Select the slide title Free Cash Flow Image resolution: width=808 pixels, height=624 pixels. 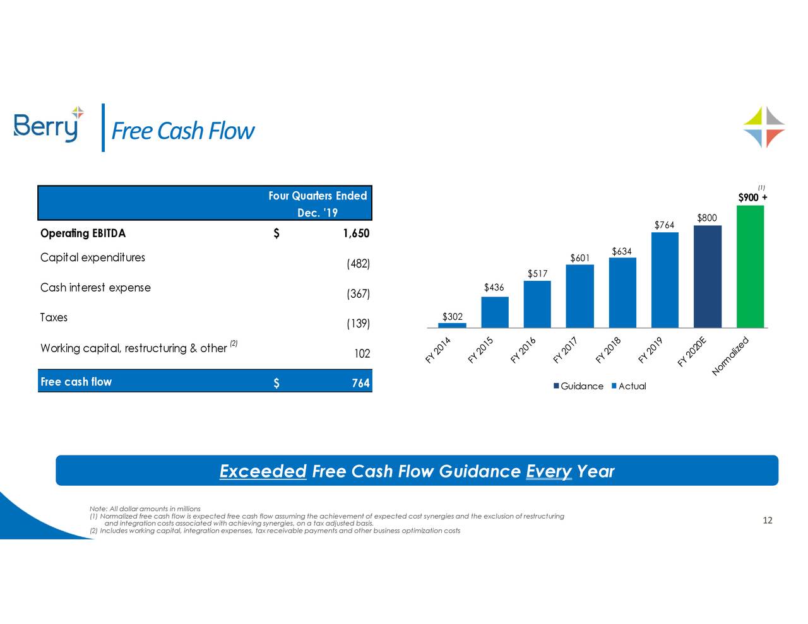[182, 131]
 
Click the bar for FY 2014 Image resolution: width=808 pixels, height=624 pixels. [452, 325]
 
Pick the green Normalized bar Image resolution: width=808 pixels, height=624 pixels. [750, 267]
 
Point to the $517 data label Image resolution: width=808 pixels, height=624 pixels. [537, 273]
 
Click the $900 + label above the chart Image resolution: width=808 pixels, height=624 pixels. [752, 197]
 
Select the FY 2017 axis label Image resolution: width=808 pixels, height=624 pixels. [566, 351]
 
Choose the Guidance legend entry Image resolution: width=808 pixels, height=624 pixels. [578, 386]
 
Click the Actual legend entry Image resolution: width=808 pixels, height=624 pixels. [629, 386]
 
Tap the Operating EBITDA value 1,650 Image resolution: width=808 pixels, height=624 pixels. [355, 233]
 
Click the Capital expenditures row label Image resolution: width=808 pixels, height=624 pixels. [93, 257]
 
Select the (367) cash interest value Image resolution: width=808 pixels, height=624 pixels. [358, 294]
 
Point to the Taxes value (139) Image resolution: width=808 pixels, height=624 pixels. [358, 324]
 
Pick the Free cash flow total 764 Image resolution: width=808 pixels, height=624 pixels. [360, 383]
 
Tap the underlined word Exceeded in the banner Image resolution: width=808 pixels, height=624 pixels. [263, 471]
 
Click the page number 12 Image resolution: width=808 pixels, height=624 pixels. [768, 521]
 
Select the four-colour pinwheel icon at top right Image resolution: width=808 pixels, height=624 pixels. [764, 127]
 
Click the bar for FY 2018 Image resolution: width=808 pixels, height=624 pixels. [622, 293]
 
